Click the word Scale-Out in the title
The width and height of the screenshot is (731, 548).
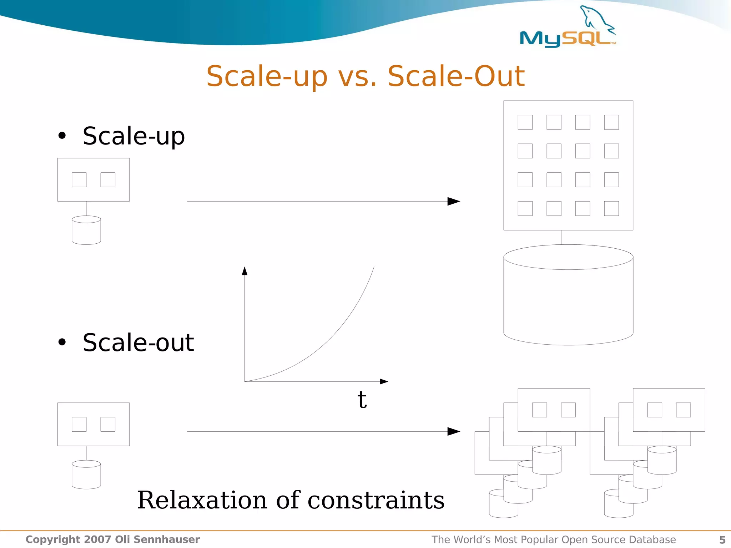tap(456, 76)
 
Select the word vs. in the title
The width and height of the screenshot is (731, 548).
tap(357, 77)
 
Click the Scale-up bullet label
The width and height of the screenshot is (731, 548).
tap(133, 136)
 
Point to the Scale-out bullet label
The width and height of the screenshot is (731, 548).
tap(138, 342)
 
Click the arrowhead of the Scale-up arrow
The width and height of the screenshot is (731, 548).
tap(454, 201)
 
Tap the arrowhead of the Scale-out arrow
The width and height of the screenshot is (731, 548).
tap(454, 431)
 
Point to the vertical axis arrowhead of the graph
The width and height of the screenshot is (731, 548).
tap(244, 271)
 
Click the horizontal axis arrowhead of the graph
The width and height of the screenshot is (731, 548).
tap(384, 381)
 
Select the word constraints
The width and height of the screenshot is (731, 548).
tap(376, 500)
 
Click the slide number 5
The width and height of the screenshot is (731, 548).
tap(722, 540)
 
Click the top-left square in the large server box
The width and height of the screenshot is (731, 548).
tap(525, 122)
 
